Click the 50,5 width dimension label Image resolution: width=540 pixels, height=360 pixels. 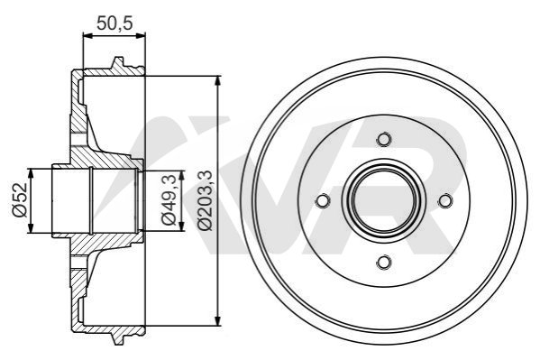point(114,23)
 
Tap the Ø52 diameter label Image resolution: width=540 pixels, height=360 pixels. point(20,200)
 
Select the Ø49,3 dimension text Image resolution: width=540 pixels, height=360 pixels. point(169,200)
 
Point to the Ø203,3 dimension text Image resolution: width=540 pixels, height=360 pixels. point(206,200)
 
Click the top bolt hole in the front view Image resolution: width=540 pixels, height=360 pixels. point(384,139)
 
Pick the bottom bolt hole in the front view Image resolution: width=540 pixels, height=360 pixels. point(384,262)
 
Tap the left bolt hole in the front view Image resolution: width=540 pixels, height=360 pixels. point(323,200)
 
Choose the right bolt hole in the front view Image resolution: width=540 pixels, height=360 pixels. point(445,200)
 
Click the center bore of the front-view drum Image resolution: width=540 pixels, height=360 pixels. point(384,200)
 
